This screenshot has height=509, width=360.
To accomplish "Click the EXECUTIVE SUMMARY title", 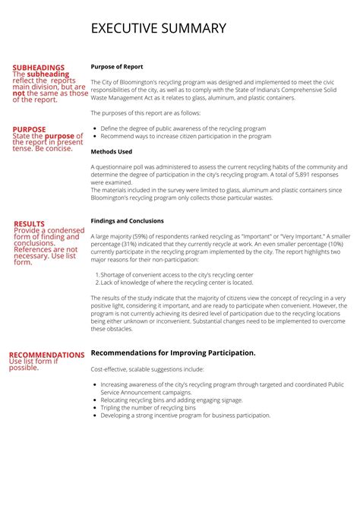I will click(158, 29).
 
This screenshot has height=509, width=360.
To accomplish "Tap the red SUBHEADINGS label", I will click(38, 68).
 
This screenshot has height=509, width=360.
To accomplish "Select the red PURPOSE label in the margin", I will click(29, 130).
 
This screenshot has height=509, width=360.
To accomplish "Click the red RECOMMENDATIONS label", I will click(46, 355).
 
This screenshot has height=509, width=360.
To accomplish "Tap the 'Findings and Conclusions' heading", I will click(127, 221).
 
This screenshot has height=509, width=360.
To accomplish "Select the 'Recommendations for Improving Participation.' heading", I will click(172, 353).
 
